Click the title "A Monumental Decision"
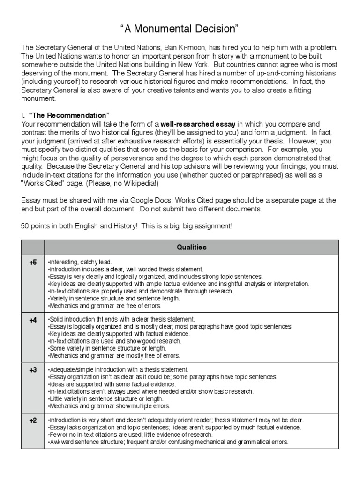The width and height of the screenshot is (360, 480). tap(180, 30)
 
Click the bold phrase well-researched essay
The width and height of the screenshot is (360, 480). tap(198, 124)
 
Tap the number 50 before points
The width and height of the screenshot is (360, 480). tap(25, 225)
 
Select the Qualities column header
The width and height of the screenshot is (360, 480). tap(191, 247)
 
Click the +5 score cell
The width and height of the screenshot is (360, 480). tap(33, 262)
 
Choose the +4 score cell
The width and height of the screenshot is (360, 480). tap(33, 320)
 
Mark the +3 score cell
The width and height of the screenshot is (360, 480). tap(33, 370)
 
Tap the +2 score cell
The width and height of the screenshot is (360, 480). tap(33, 420)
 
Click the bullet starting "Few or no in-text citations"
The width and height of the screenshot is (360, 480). tap(141, 435)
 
